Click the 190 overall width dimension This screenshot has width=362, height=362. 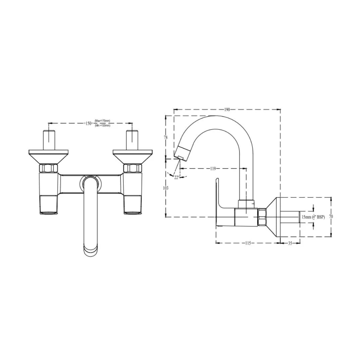[x=227, y=110]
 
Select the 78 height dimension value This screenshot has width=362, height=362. [x=166, y=137]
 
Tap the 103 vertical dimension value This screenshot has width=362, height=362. [x=166, y=188]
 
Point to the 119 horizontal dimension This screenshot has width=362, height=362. [x=213, y=169]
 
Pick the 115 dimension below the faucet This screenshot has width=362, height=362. [x=247, y=243]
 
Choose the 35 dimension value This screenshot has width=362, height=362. [x=290, y=243]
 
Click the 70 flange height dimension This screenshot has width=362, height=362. [x=331, y=217]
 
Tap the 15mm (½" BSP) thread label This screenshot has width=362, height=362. [x=313, y=217]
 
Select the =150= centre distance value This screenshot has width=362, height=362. [x=88, y=123]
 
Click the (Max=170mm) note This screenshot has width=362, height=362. [x=102, y=121]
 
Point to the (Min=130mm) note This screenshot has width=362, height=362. [x=102, y=125]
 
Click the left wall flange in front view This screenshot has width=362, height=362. [x=49, y=157]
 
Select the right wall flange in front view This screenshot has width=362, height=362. [x=133, y=157]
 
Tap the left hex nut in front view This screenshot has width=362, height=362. [x=49, y=168]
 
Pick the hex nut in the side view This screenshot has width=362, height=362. [x=262, y=217]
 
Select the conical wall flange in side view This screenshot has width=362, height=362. [x=274, y=217]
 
